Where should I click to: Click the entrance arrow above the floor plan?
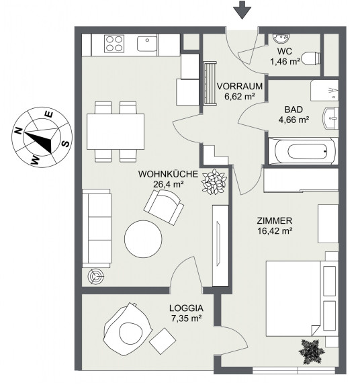point(242,10)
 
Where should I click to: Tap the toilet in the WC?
point(312,58)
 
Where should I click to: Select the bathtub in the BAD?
point(303,150)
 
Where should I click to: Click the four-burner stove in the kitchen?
point(114,44)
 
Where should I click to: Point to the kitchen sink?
point(147,44)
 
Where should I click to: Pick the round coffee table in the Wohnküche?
point(143,239)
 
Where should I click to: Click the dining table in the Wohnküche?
point(116,132)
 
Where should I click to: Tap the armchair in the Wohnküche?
point(164,207)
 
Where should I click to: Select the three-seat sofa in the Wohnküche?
point(96,228)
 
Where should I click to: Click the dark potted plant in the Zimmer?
point(312,351)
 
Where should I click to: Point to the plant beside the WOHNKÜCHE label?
point(214,181)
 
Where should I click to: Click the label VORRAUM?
point(239,87)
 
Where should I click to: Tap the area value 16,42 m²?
point(275,231)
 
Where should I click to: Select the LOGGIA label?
point(186,308)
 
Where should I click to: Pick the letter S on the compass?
point(66,143)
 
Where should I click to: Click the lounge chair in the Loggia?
point(128,329)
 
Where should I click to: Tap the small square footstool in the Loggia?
point(163,341)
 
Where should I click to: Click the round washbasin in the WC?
point(281,38)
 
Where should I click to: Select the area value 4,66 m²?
point(294,120)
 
